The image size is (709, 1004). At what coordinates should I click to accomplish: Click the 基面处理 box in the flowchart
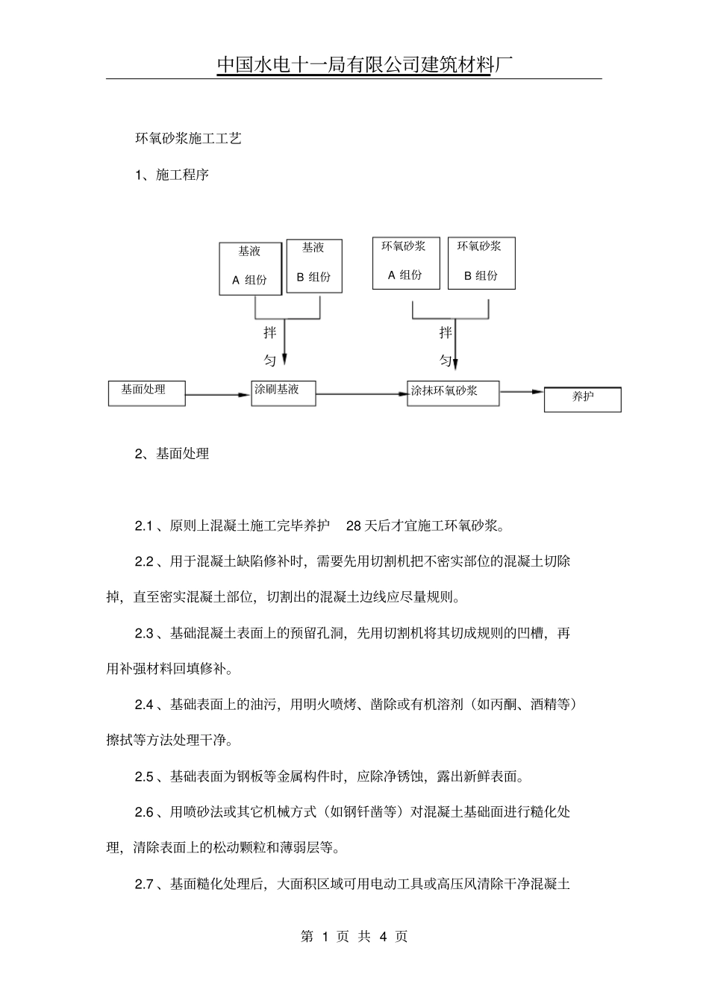tap(146, 393)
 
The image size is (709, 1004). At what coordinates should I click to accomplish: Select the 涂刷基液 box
tap(283, 393)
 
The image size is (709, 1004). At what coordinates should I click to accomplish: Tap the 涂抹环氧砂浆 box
tap(453, 393)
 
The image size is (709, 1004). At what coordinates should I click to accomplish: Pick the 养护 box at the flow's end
tap(582, 399)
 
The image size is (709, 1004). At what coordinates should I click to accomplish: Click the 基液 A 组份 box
tap(250, 268)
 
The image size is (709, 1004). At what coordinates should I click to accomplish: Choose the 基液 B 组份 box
tap(313, 265)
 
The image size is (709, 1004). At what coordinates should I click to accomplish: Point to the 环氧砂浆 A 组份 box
tap(405, 263)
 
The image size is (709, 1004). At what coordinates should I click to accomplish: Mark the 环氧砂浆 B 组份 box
tap(481, 263)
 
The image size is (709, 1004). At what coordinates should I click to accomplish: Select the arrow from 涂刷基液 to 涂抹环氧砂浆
tap(362, 394)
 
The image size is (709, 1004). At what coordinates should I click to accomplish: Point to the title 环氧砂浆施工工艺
tap(187, 139)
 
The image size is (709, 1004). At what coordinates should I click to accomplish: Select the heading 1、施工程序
tap(172, 175)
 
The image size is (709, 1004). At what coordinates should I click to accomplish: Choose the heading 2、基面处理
tap(172, 453)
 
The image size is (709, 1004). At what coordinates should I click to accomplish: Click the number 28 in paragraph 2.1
tap(354, 526)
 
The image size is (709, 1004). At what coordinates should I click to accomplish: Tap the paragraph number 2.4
tap(144, 705)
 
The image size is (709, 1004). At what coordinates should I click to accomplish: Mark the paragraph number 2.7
tap(144, 885)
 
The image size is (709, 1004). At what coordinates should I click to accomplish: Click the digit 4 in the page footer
tap(384, 937)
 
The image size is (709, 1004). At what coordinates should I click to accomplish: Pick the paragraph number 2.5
tap(144, 776)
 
